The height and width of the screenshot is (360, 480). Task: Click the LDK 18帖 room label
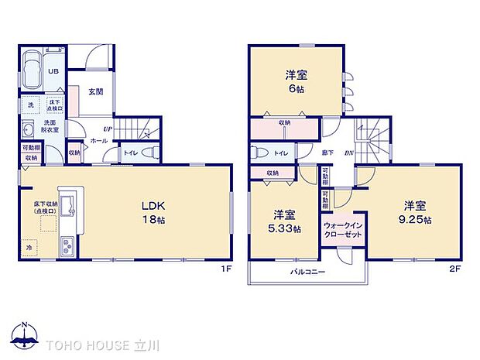(x=153, y=212)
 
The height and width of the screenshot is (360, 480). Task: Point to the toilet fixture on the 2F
(x=261, y=153)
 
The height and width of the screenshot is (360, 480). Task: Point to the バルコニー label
(x=307, y=273)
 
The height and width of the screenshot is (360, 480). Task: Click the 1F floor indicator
(x=225, y=268)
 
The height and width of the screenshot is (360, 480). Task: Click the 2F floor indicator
(x=456, y=268)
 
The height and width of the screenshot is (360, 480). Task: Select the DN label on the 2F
(x=349, y=153)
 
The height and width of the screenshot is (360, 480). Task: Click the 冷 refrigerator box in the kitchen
(x=29, y=248)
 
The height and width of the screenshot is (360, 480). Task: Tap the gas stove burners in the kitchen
(x=67, y=248)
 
